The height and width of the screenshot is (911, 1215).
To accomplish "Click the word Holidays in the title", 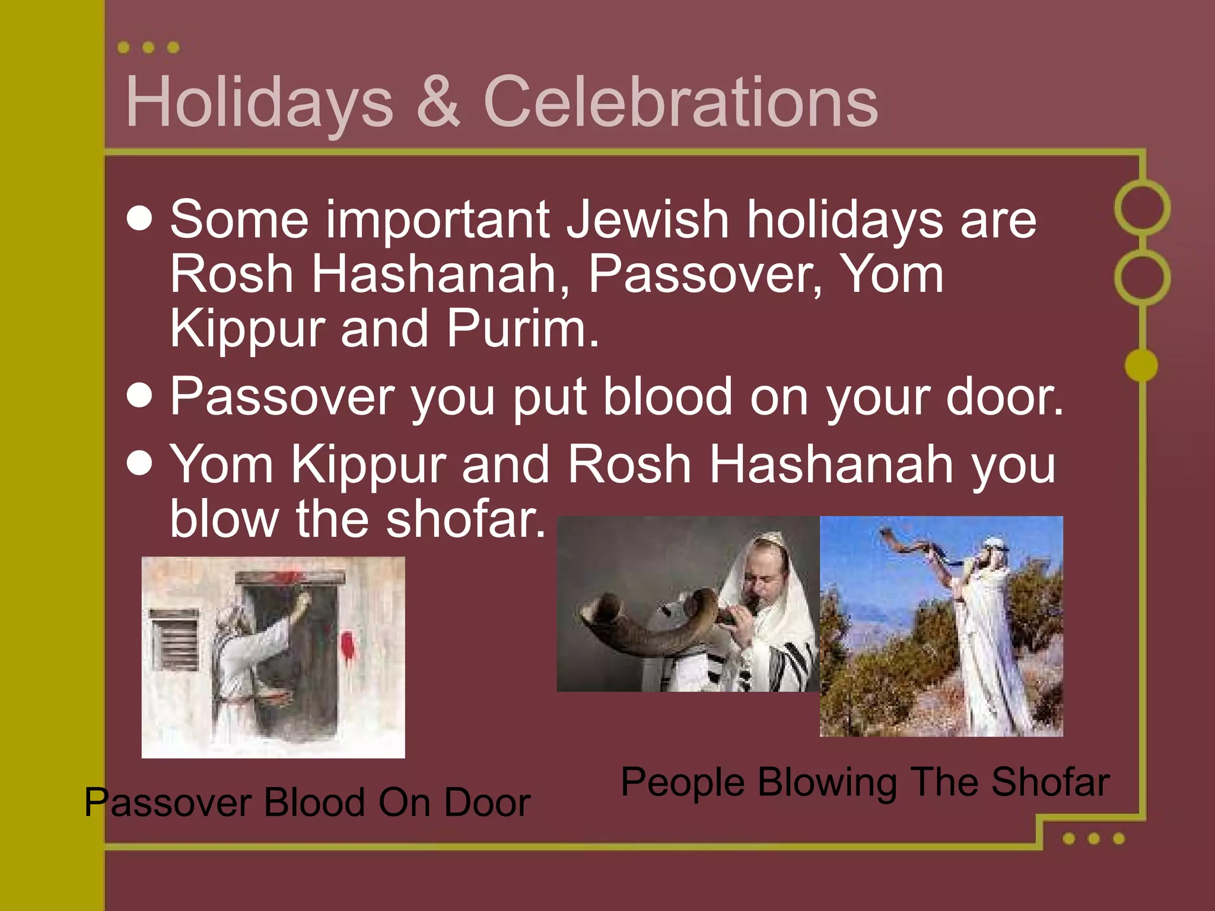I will [259, 102].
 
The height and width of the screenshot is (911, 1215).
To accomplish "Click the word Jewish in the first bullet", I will [647, 219].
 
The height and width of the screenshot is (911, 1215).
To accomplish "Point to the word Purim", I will [522, 329].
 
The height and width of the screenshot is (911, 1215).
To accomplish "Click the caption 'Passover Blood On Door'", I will [307, 802].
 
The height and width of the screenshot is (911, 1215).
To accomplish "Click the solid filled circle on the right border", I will [1141, 365].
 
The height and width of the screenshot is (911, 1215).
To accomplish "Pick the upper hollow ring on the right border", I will [1142, 208].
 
